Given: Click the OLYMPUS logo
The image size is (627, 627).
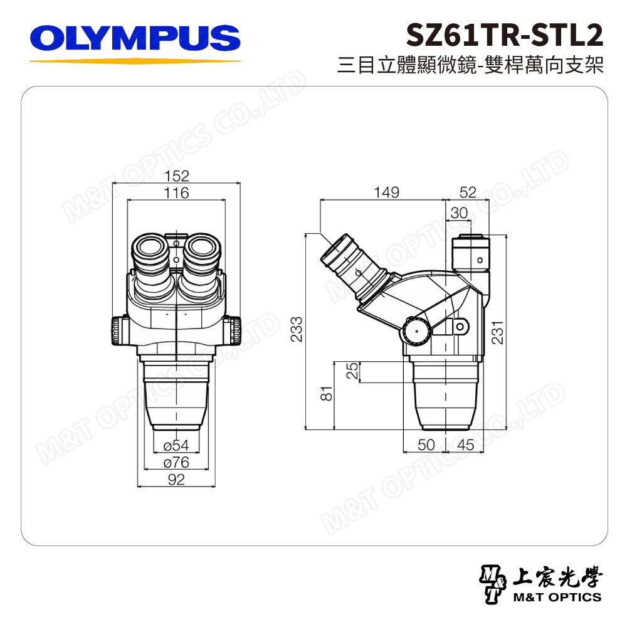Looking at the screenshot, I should pos(135,38).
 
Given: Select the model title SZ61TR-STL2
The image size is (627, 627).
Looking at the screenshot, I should pos(505,36).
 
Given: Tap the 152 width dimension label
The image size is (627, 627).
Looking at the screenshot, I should pos(176,176).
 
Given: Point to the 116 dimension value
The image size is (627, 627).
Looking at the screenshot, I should pos(176,193).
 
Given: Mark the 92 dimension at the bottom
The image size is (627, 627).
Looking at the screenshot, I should pos(176,480).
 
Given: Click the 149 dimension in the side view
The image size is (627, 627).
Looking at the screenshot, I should pos(386,192).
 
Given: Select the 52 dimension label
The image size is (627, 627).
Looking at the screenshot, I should pos(468,192).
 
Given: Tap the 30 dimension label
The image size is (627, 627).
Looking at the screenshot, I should pos(459,213).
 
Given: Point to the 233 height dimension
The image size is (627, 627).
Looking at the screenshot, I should pos(297,330).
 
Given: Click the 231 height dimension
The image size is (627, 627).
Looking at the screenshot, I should pos(497,330).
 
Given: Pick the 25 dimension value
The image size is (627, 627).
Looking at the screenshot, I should pos(353,372).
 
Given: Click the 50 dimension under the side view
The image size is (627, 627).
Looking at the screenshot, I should pos(426,445).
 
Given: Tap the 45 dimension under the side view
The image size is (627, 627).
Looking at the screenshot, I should pos(465,445).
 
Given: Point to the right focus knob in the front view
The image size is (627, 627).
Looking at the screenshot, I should pos(233,330).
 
